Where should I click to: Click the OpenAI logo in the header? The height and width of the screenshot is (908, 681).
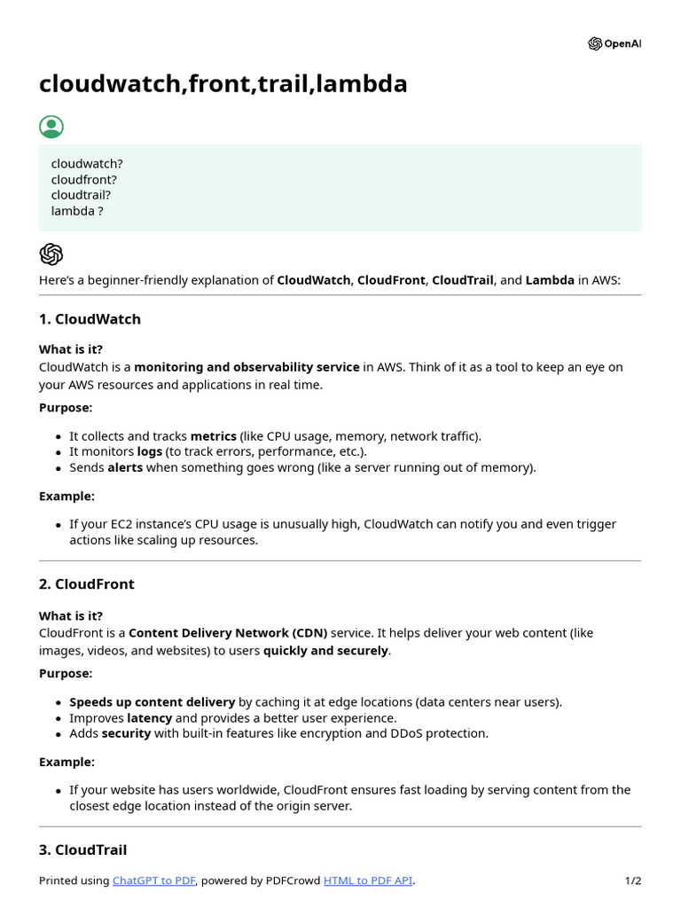614,44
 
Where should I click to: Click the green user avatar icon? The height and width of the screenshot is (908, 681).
51,127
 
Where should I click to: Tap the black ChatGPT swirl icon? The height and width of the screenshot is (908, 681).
51,254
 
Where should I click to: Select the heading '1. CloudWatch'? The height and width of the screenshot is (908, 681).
90,319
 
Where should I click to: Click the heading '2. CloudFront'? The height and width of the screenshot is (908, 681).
87,584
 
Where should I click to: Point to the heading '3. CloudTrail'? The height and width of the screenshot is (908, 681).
83,849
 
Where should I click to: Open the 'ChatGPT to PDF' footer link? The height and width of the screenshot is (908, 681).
153,881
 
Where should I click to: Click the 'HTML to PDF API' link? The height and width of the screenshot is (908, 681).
368,881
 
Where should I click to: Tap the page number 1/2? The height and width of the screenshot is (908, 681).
633,881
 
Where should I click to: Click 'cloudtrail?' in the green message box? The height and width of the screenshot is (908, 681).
81,195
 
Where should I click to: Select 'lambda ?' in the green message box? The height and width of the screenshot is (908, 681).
77,211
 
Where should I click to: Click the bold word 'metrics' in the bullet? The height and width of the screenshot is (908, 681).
213,436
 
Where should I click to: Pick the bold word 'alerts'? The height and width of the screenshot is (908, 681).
125,467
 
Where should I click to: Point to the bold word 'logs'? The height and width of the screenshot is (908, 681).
150,452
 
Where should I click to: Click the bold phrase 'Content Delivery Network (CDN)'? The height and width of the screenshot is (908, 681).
228,633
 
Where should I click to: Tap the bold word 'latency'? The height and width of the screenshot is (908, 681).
149,718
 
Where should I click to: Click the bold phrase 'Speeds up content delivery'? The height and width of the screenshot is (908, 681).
153,702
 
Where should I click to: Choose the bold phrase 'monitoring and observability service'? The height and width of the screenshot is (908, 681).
247,367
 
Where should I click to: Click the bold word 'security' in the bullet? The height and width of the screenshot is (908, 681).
126,733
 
